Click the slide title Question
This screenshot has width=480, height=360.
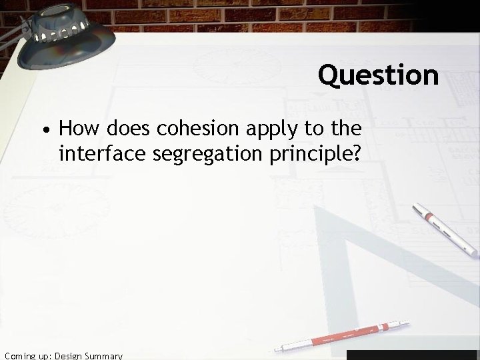pos(378,75)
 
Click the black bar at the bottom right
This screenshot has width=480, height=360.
pos(413,355)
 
